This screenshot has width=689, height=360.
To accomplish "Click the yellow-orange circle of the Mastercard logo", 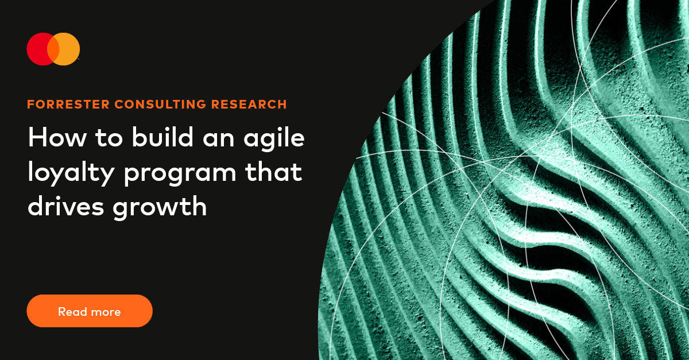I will pos(69,49).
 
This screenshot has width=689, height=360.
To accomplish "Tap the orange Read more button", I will pos(90,311).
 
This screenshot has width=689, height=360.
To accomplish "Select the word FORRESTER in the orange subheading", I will pos(68,104).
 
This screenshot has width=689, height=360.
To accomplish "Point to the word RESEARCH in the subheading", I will pos(249,104).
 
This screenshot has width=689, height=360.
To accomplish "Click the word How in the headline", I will pos(53,138).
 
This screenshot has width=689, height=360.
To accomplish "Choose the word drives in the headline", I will pos(65,206).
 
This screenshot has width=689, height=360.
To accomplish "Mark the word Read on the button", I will pos(71,312).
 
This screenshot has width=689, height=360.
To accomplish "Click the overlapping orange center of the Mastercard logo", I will pos(53,49).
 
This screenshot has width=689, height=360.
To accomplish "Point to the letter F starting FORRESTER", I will pos(30,104).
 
